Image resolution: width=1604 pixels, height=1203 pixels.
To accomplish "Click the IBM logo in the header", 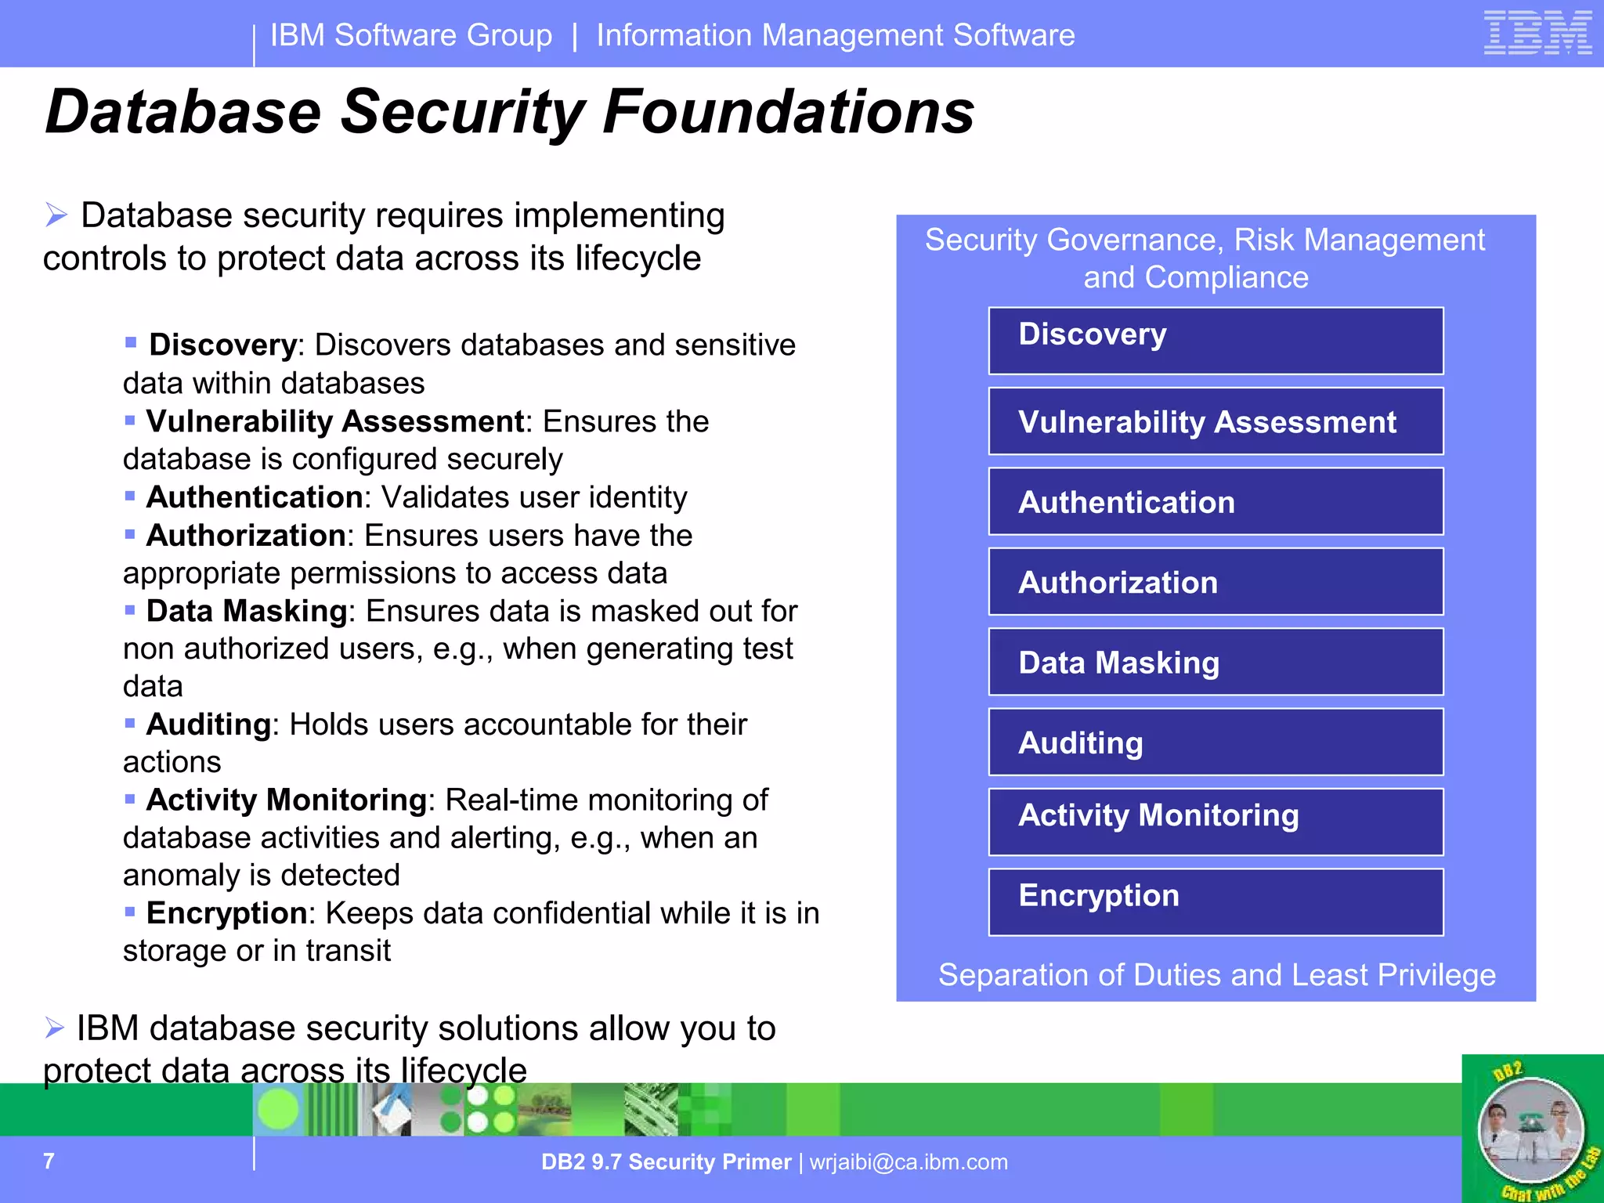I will click(1537, 34).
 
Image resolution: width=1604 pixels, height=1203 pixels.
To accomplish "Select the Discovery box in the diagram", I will click(1216, 341).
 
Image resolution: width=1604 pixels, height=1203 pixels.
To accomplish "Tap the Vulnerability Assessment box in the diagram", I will click(1216, 421).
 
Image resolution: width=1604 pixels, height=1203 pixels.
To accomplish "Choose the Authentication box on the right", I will click(1216, 502).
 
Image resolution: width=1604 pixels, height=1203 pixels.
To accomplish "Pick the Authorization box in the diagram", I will click(1216, 582).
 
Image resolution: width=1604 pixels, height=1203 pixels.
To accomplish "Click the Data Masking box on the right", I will click(1216, 663).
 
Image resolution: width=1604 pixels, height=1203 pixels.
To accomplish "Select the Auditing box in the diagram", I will click(1216, 742).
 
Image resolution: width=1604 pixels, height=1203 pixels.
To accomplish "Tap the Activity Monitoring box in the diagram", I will click(1216, 822).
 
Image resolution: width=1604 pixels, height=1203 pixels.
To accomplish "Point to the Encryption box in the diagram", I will click(1216, 902).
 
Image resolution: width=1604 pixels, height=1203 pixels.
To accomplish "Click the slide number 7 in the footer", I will click(49, 1161).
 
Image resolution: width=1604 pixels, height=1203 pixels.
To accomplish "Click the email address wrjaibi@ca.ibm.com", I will click(909, 1162).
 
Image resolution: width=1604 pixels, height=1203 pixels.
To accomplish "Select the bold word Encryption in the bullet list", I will click(226, 913).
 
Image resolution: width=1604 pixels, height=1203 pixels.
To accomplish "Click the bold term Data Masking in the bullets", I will click(246, 611).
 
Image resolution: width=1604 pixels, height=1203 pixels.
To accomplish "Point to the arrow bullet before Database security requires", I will click(56, 215).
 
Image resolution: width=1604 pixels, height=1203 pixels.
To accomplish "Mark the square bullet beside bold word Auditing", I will click(130, 723).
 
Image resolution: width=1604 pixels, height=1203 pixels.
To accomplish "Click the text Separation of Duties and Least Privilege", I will click(1216, 975).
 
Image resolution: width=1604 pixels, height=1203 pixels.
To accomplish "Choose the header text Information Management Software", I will click(835, 35).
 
